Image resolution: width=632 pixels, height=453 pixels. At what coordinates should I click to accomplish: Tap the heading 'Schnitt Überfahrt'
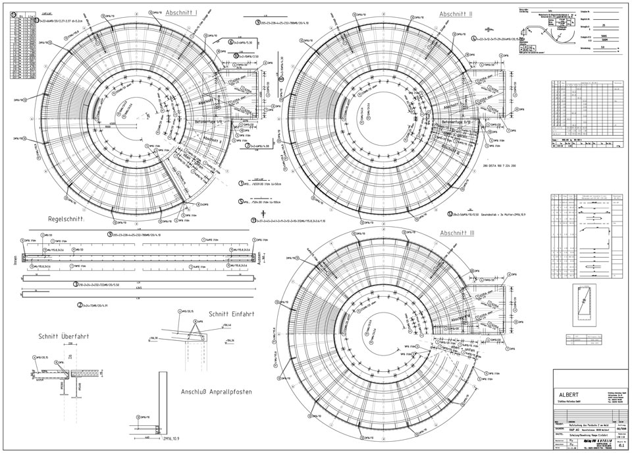pos(64,336)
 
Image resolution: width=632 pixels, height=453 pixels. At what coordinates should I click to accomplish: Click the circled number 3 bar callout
pos(76,284)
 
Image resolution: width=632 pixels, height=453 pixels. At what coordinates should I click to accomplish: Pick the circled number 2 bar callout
pos(80,305)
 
